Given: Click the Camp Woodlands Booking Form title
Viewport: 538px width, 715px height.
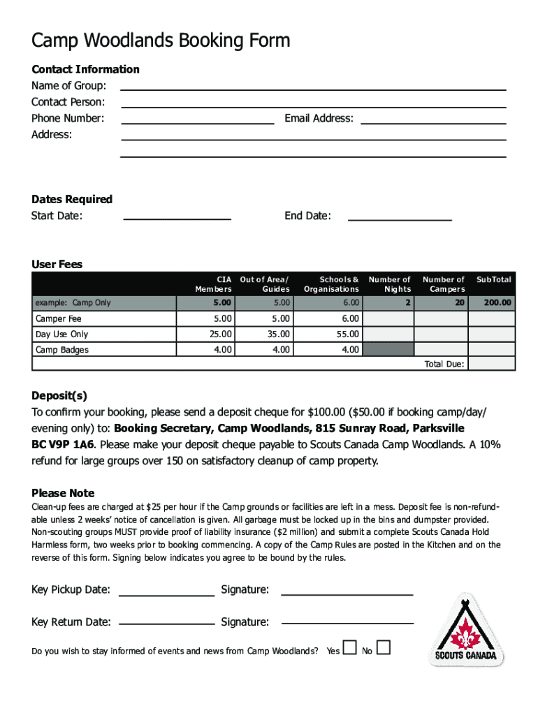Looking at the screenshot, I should (161, 41).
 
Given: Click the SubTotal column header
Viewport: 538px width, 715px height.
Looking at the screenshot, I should (493, 279).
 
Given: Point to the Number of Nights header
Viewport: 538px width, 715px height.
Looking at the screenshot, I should (390, 284).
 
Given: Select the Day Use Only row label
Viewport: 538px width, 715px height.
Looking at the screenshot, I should (62, 334).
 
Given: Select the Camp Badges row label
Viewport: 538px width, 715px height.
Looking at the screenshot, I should (62, 350).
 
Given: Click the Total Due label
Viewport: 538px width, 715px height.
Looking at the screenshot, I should (444, 364).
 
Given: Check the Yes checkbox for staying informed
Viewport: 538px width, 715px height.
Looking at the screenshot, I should (350, 648).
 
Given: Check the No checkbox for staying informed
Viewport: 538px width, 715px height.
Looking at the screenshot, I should (383, 648).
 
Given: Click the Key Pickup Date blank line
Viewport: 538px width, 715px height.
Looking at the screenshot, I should (166, 594).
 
